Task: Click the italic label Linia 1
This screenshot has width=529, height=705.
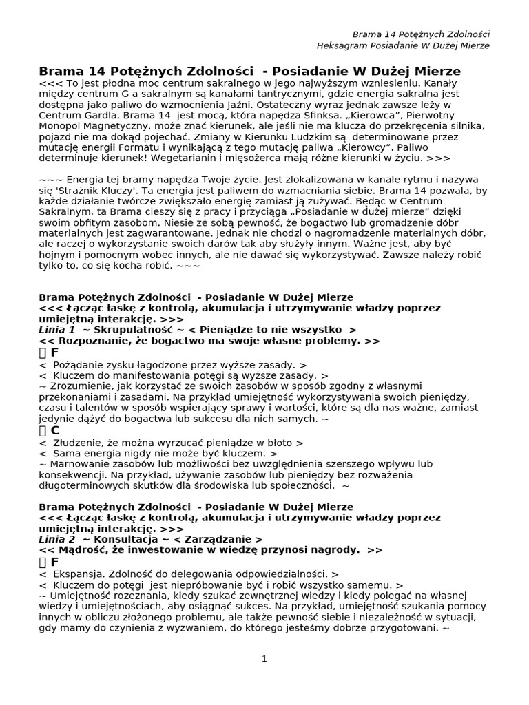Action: tap(57, 330)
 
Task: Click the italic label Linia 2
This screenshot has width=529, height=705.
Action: tap(57, 539)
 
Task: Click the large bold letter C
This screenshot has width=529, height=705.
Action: tap(55, 430)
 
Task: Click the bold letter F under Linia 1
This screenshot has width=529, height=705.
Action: tap(55, 352)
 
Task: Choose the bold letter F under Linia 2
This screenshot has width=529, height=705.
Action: tap(55, 562)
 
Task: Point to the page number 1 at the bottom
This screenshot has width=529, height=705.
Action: tap(264, 659)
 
